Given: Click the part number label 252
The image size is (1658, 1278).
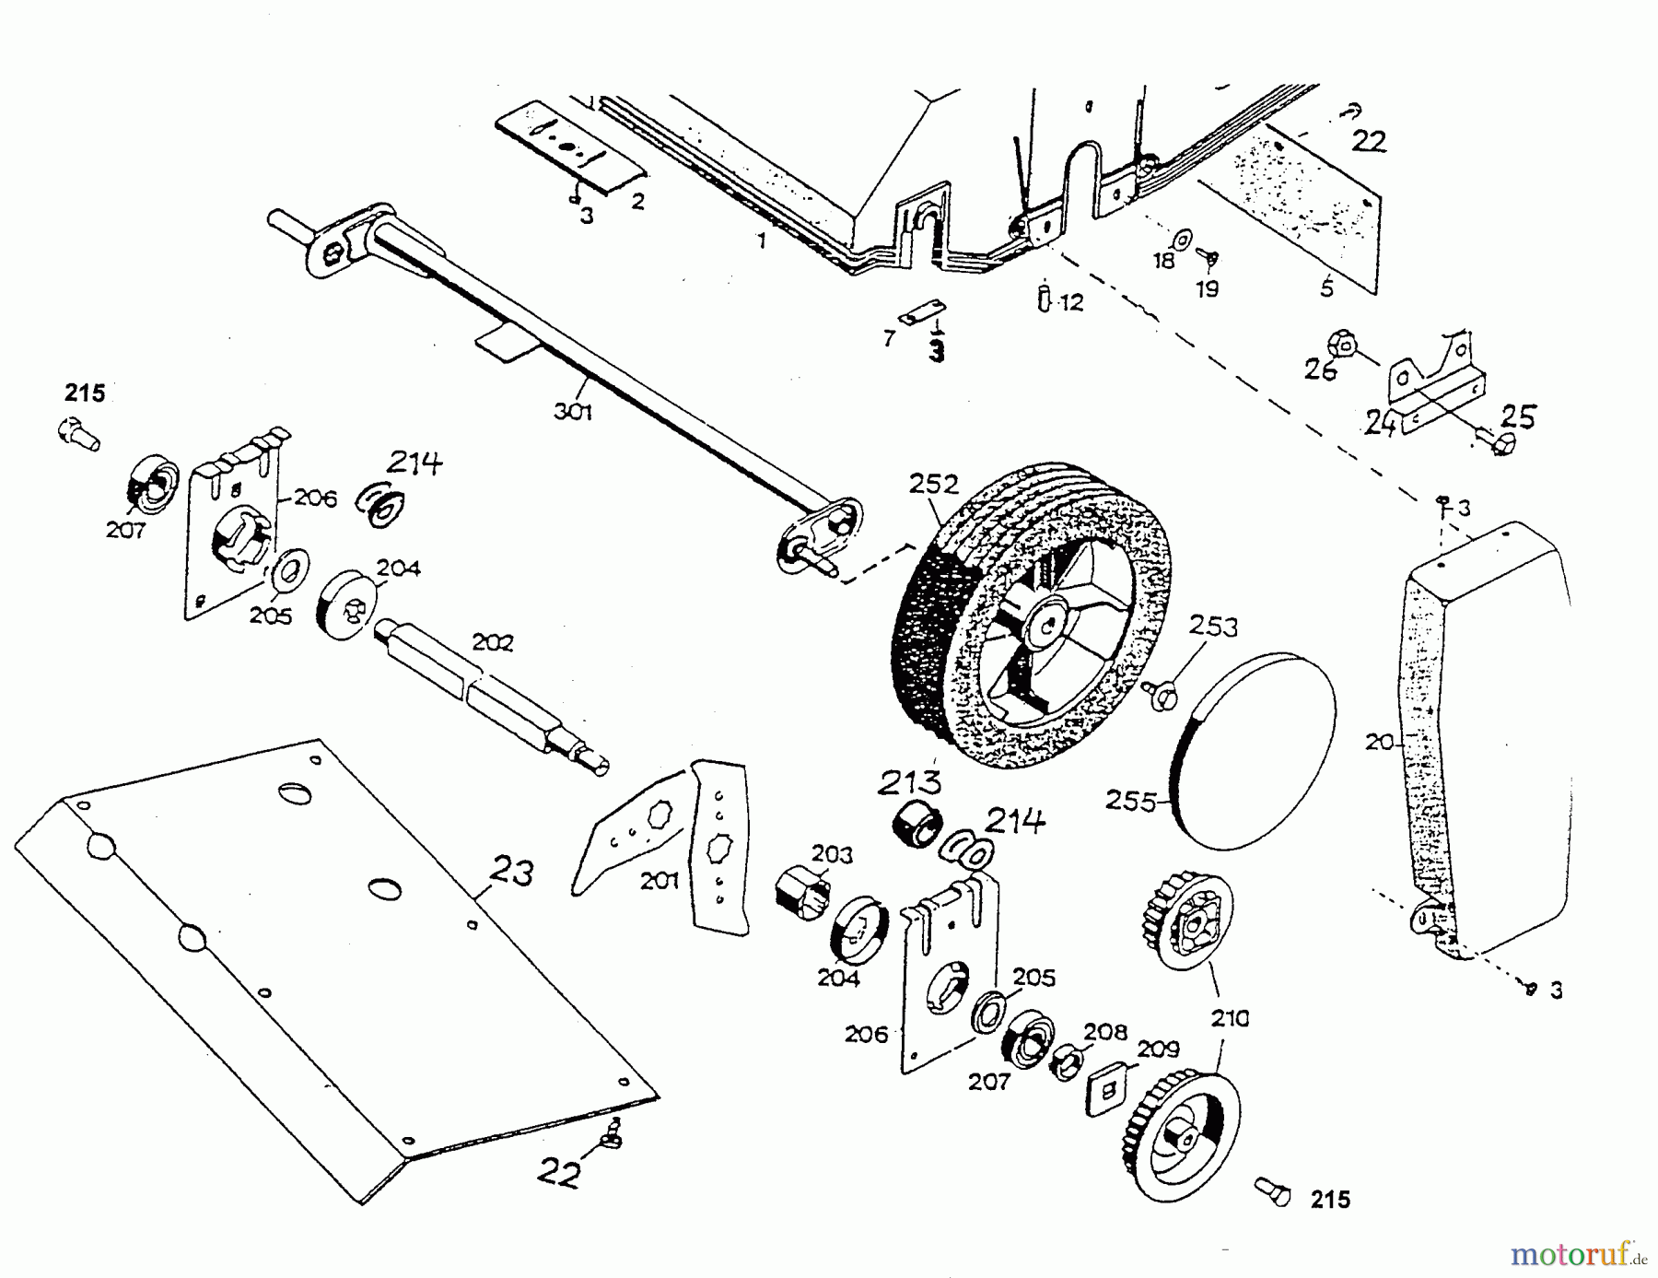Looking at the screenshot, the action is coord(934,485).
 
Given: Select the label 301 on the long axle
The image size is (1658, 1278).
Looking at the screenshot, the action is coord(572,412).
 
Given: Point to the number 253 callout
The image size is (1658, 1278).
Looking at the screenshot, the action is coord(1213,627).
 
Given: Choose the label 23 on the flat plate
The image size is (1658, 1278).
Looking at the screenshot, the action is coord(511,872).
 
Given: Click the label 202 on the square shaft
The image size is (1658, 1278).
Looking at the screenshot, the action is coord(492,642).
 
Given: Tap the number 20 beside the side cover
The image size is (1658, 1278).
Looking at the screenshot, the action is coord(1380,741).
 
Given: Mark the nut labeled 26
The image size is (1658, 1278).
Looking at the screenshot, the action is coord(1343,346).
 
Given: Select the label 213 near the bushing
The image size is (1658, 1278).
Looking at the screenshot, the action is coord(909,782).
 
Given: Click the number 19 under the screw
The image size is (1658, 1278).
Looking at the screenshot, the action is coord(1208,288).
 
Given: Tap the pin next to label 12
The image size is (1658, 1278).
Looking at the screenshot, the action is coord(1044,299).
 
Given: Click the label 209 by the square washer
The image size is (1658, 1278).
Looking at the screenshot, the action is coord(1158,1049).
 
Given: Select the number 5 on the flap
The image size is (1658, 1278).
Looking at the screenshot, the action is coord(1326,288).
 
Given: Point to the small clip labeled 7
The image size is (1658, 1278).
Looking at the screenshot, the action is coord(924,311).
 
